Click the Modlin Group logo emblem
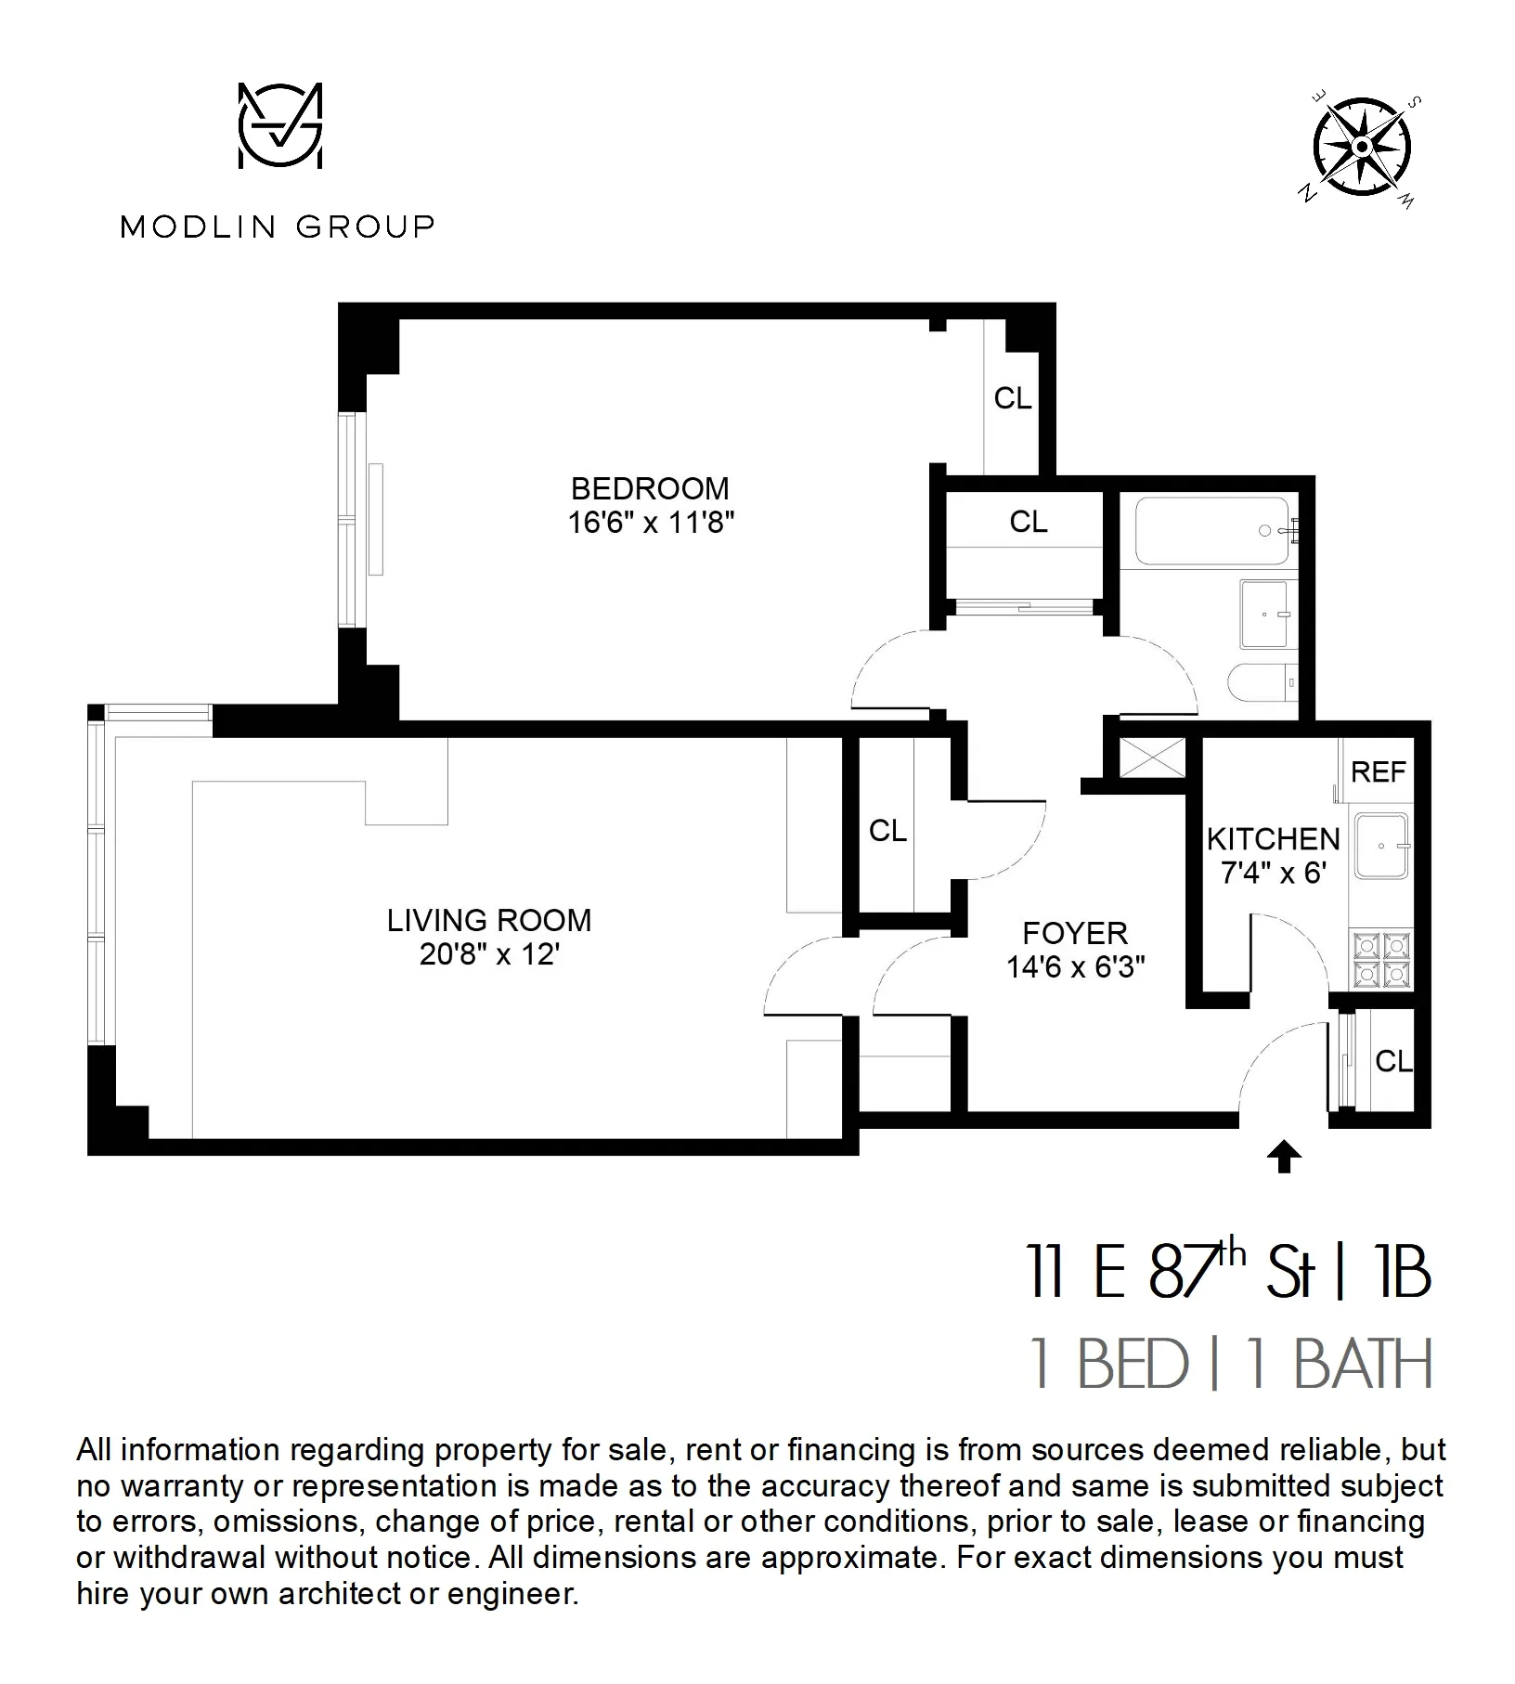pos(279,126)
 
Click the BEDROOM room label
pos(650,488)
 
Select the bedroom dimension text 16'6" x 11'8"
pos(650,523)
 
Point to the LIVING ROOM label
pos(489,920)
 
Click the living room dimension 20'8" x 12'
pos(489,954)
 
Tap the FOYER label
pos(1075,932)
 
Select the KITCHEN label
pos(1273,839)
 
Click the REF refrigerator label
pos(1379,771)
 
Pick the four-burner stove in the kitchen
pos(1382,960)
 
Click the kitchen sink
pos(1380,846)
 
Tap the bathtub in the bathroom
pos(1212,531)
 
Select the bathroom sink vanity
pos(1264,615)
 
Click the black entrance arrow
pos(1284,1157)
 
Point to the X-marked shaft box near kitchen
pos(1152,758)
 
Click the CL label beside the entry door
pos(1392,1061)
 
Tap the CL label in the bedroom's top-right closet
pos(1012,398)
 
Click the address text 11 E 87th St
pos(1170,1273)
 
